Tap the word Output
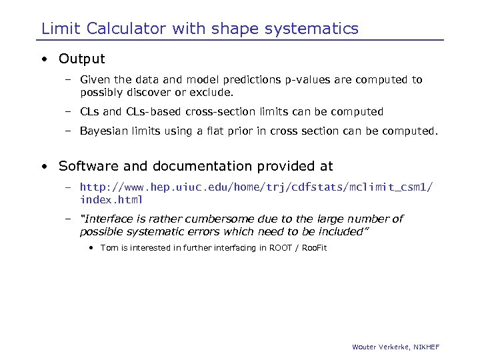[82, 59]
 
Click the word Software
[86, 166]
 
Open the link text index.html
[111, 200]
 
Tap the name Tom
[109, 248]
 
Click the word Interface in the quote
[106, 219]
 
